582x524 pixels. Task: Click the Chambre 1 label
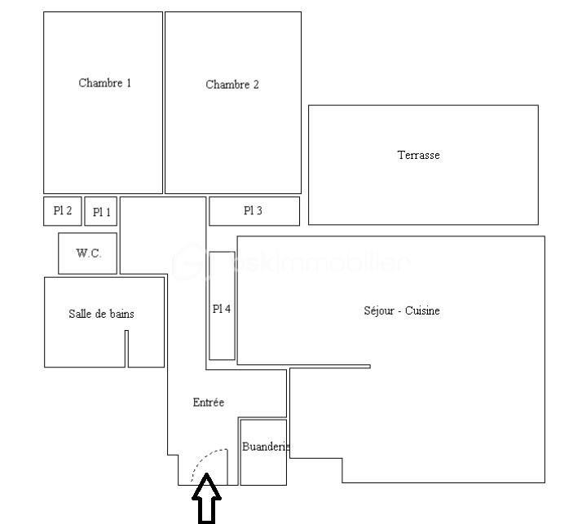104,83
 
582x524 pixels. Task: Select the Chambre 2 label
232,85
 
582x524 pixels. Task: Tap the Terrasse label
418,155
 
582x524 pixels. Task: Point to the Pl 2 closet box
62,211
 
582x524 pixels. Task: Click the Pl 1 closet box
101,212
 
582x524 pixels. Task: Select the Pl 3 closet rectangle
254,211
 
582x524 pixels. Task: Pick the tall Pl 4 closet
222,306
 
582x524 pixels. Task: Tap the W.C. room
88,253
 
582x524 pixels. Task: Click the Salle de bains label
101,314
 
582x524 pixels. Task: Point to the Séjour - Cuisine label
401,310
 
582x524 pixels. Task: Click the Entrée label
208,403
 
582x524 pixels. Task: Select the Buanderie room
262,451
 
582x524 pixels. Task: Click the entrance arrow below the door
206,500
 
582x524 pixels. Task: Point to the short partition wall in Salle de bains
126,348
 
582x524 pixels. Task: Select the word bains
121,314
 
